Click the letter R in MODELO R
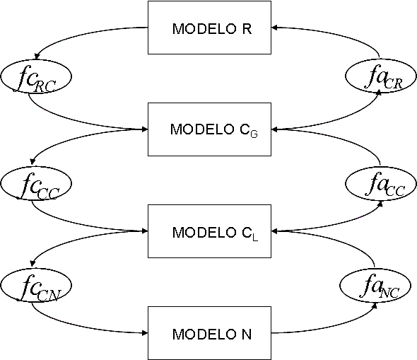(x=247, y=29)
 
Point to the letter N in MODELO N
(x=247, y=335)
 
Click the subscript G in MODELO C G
(x=254, y=134)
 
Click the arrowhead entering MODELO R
(x=274, y=27)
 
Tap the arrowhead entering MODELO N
(x=145, y=333)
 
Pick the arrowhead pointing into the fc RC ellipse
(x=37, y=57)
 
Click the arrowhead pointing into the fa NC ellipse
(x=375, y=306)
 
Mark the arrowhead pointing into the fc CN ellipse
(x=33, y=263)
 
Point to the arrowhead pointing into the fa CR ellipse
(x=380, y=92)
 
